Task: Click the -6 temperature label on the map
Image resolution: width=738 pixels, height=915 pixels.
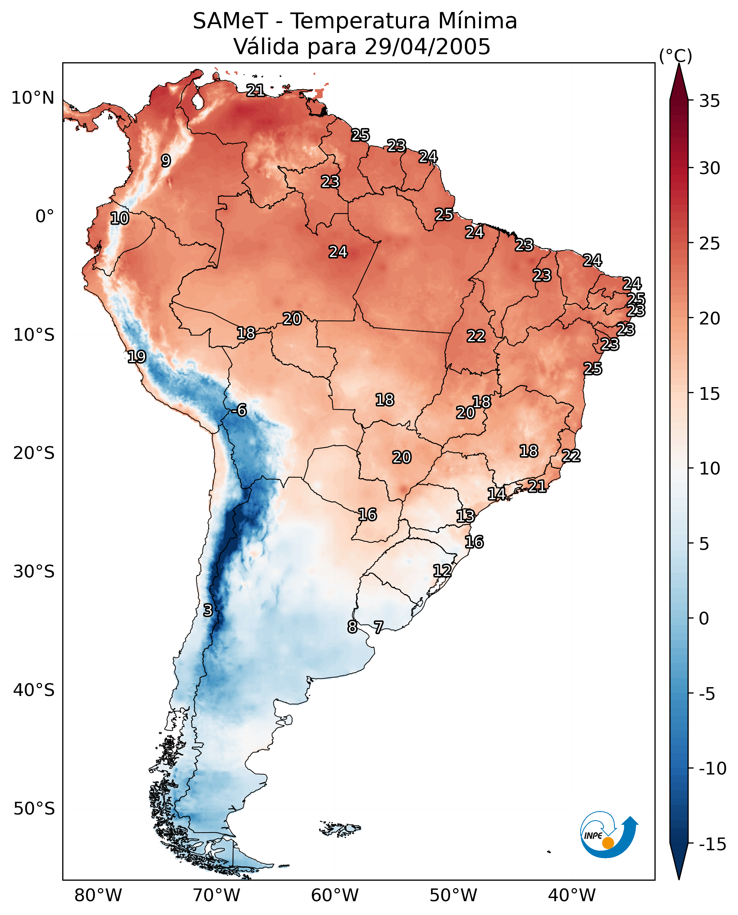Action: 240,410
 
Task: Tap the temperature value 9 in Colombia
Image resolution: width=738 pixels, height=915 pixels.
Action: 166,160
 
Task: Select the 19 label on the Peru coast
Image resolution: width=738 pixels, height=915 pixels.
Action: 137,356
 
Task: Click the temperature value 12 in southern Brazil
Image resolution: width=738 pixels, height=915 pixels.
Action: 442,570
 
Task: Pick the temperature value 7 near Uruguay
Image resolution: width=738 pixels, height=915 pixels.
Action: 378,627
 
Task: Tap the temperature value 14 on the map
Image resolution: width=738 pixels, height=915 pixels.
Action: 496,494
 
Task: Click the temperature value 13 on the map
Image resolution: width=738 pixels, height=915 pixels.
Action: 466,516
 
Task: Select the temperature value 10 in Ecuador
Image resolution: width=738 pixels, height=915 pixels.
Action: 120,218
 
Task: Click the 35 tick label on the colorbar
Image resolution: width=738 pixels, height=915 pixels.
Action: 709,101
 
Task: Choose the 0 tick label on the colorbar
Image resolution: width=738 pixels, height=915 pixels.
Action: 704,618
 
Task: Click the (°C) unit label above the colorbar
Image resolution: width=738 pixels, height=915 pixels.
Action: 675,56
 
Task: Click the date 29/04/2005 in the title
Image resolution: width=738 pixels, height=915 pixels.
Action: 427,46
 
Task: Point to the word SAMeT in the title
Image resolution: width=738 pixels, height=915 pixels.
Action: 230,21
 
